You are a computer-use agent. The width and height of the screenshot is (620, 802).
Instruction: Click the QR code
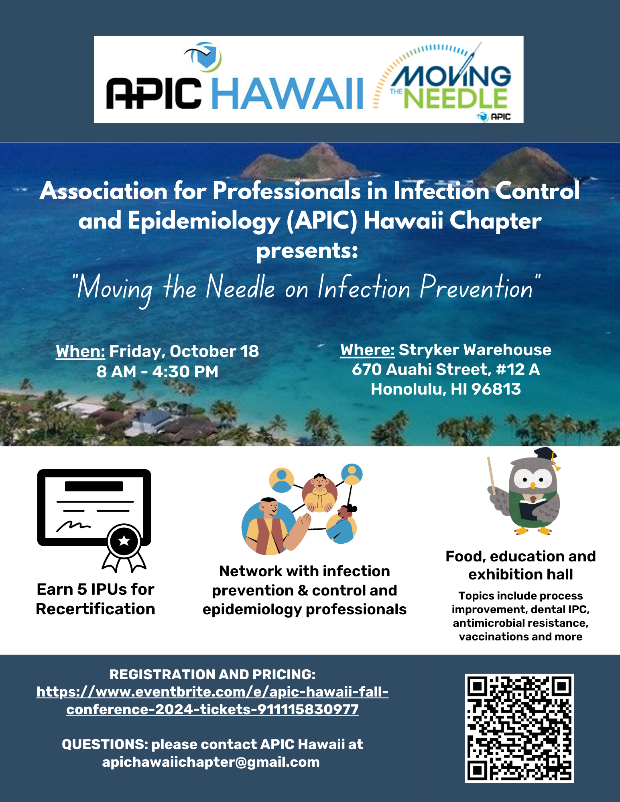pyautogui.click(x=519, y=728)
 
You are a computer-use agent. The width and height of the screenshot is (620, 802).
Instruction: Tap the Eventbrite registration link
pyautogui.click(x=212, y=701)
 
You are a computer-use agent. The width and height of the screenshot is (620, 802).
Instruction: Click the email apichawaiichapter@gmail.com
pyautogui.click(x=211, y=762)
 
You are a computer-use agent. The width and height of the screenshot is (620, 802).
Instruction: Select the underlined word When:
pyautogui.click(x=80, y=351)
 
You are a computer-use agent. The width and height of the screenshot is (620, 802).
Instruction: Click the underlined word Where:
pyautogui.click(x=368, y=350)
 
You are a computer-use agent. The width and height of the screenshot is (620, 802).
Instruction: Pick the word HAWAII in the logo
pyautogui.click(x=287, y=93)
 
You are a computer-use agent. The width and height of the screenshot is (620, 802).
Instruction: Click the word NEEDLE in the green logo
pyautogui.click(x=455, y=98)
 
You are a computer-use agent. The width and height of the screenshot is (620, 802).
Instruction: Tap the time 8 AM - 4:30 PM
pyautogui.click(x=157, y=372)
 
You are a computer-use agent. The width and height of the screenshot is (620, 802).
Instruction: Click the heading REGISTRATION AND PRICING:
pyautogui.click(x=212, y=674)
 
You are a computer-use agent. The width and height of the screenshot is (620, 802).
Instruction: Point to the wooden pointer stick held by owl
pyautogui.click(x=492, y=476)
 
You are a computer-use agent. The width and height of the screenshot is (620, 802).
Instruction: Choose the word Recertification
pyautogui.click(x=96, y=609)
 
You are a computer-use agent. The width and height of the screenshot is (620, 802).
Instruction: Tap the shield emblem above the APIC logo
pyautogui.click(x=206, y=57)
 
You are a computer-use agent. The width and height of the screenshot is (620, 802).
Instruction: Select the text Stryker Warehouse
pyautogui.click(x=475, y=350)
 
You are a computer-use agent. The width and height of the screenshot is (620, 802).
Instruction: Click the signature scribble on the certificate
pyautogui.click(x=73, y=526)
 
